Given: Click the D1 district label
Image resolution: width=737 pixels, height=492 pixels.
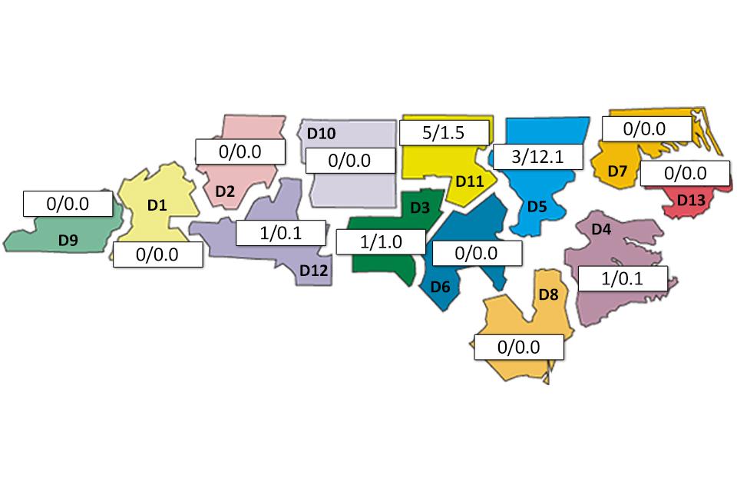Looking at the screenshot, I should (157, 205).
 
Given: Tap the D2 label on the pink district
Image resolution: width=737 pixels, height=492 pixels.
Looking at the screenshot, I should (224, 191).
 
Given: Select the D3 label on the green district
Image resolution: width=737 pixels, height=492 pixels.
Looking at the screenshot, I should (419, 207).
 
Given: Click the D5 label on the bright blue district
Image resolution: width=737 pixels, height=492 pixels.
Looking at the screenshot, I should (537, 206).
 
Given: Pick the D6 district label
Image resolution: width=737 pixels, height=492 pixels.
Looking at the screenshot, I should (440, 287).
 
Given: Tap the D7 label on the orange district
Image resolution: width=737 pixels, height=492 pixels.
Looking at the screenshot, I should (618, 171).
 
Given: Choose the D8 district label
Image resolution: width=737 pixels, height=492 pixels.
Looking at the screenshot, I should (548, 294).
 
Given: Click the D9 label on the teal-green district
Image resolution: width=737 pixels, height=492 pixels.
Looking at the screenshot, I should (68, 241).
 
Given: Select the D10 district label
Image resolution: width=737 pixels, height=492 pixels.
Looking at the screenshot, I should (321, 134).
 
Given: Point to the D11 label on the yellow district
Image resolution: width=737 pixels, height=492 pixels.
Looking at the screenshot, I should (468, 181).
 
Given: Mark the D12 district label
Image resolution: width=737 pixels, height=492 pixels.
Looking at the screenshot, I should (314, 270).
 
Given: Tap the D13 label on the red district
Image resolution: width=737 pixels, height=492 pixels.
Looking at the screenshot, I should (690, 200).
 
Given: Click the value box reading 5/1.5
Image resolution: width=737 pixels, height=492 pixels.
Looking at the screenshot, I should (445, 132).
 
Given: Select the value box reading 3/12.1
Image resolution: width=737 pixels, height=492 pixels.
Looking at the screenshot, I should (538, 157).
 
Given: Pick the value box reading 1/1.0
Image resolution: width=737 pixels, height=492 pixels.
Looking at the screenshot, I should (381, 242).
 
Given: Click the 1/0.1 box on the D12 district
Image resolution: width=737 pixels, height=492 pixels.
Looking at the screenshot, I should (280, 232).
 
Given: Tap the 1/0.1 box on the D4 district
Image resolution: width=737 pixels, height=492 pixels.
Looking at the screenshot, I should (623, 278).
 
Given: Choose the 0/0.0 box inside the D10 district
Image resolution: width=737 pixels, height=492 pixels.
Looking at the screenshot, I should (350, 161).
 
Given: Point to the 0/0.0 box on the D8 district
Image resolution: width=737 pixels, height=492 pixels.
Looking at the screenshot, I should (519, 347).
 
